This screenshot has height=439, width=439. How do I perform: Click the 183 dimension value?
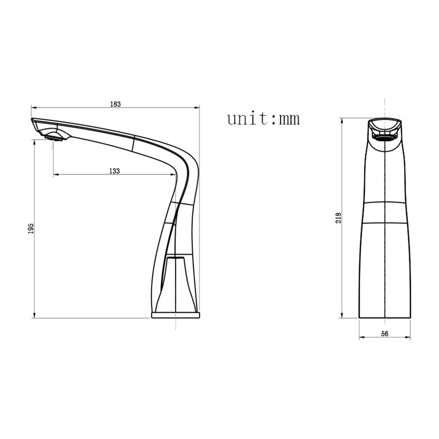point(116,104)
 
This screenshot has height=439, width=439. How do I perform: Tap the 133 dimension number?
point(115,171)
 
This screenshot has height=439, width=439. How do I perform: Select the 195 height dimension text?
point(31,228)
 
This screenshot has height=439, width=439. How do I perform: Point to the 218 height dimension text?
point(338,218)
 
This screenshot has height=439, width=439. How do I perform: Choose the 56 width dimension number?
point(385,333)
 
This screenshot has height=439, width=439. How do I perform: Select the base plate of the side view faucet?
point(176,315)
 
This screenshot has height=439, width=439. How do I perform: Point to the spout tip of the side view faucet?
point(32,120)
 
